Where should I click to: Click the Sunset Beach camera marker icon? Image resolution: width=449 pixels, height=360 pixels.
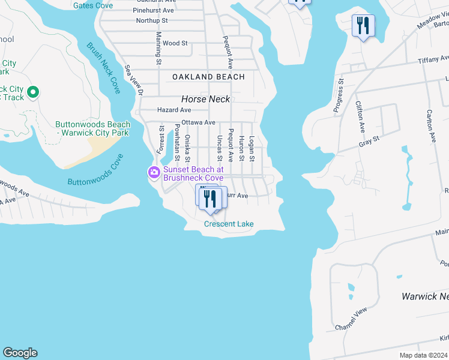coord(154,173)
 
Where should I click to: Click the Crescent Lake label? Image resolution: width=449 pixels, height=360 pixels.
coord(229,224)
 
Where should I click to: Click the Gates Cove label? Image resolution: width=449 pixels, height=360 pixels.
coord(92,5)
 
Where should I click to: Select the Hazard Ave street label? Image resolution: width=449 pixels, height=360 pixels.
coord(173,110)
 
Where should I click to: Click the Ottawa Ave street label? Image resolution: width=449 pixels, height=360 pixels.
coord(198,122)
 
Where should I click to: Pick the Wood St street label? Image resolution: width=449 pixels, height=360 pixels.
coord(175,43)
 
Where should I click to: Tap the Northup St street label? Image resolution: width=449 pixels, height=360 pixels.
coord(152,20)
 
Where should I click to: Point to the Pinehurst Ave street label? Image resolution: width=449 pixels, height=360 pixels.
coord(153,11)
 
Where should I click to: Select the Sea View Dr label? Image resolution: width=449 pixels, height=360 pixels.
coord(134,80)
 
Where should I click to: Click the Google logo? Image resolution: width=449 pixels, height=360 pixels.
coord(20,353)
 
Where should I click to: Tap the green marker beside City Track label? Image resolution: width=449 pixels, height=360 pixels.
coord(33,92)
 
